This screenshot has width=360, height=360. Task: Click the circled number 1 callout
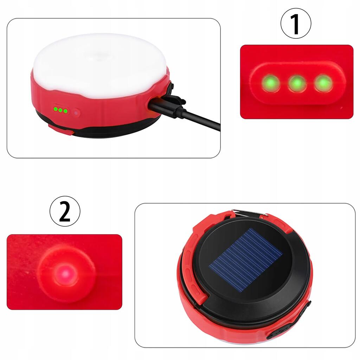pos(296,24)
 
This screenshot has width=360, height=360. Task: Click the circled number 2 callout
pos(65,211)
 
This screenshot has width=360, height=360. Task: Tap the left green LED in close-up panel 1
pos(271,83)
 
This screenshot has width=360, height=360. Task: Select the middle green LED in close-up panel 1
pos(297,83)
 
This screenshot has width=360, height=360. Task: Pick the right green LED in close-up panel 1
pos(323,83)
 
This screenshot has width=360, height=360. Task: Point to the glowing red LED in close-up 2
pos(66,274)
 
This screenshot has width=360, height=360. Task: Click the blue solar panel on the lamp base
pos(246,260)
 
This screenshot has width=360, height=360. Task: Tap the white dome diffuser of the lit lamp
pos(99,65)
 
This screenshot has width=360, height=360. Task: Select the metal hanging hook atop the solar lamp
pos(249,213)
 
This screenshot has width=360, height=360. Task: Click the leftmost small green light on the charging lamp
pos(56,109)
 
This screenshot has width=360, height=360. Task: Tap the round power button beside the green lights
pos(76,113)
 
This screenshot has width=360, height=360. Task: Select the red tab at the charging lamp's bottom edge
pos(61,130)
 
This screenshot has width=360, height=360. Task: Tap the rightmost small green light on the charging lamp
pos(65,111)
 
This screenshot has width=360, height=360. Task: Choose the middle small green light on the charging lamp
pos(60,110)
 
